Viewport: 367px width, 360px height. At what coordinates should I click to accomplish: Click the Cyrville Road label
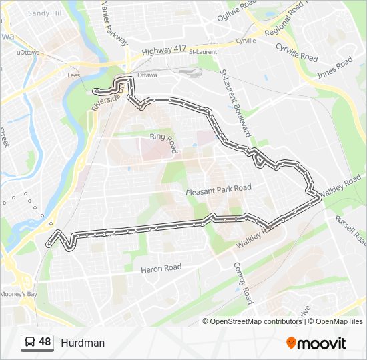pos(297,53)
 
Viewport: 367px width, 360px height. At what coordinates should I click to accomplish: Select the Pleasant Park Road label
pos(218,188)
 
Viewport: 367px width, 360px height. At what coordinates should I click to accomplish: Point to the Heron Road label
pos(161,268)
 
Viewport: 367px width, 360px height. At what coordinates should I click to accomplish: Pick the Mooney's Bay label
pos(18,294)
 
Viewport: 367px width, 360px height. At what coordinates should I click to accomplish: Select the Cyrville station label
pos(246,41)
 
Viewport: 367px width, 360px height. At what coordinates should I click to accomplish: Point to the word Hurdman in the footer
pos(83,343)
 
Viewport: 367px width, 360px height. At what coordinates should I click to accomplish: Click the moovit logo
pos(316,343)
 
